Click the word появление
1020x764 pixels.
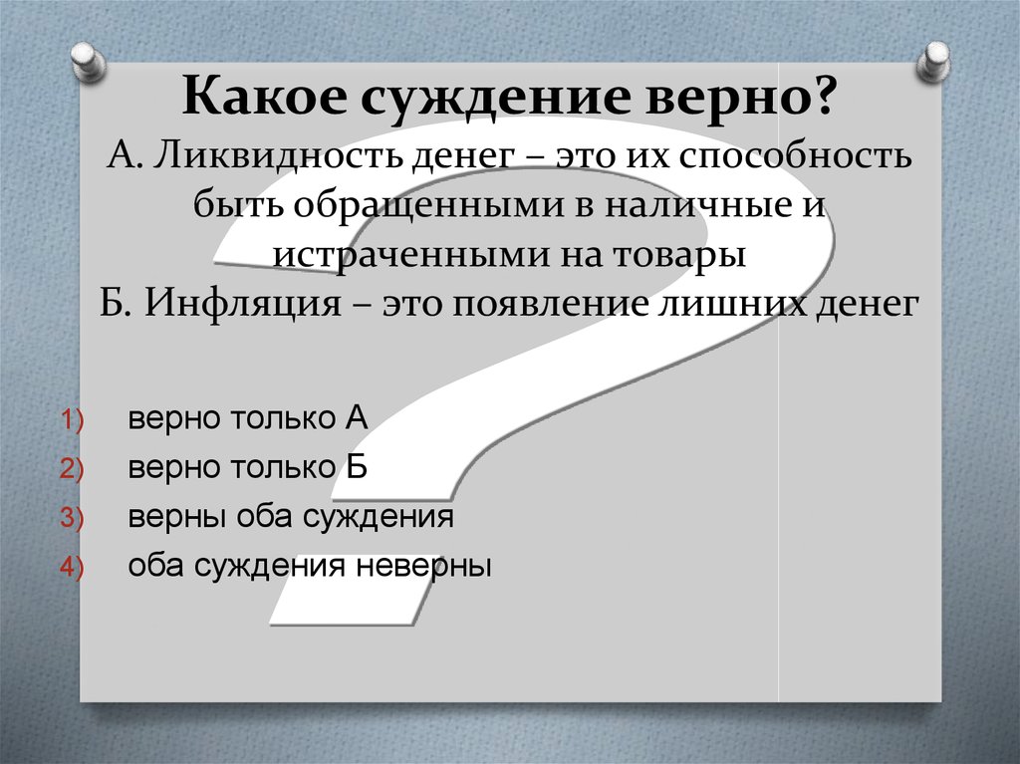[x=538, y=303]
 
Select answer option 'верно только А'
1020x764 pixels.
[x=248, y=418]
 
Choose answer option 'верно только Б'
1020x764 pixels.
[x=248, y=467]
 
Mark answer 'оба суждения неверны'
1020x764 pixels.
[x=310, y=566]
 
